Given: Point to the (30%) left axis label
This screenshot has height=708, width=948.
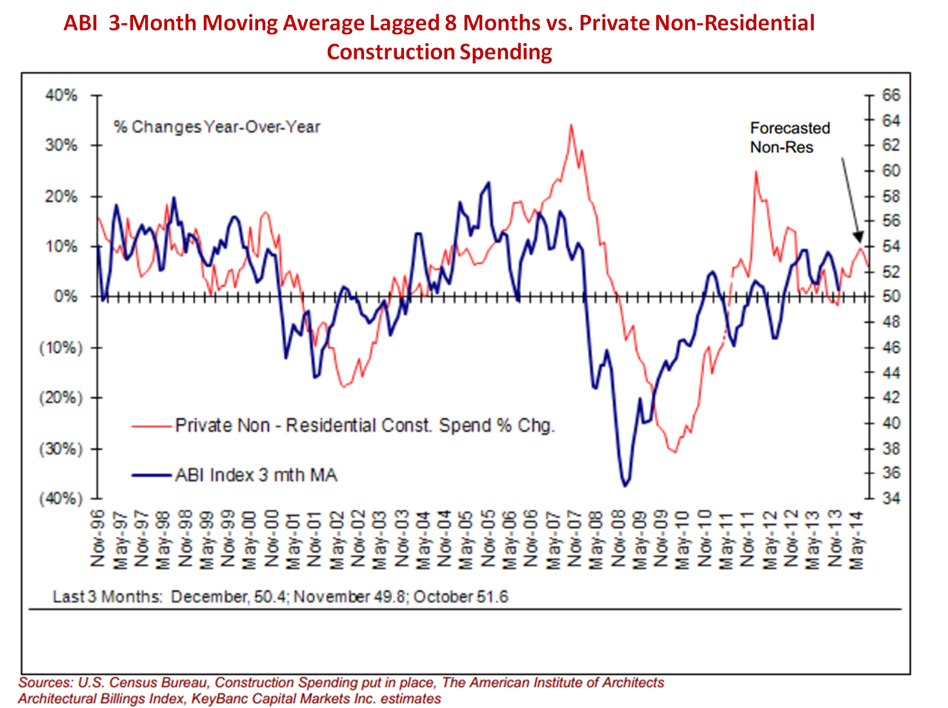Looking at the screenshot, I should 61,449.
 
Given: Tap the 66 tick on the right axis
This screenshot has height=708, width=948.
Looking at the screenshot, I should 869,95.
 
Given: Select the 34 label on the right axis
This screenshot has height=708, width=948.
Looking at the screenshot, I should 891,498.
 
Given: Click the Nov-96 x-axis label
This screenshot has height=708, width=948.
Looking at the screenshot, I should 97,538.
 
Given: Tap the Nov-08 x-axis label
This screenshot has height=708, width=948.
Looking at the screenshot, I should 618,538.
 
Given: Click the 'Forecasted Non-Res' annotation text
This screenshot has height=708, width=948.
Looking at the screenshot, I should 789,137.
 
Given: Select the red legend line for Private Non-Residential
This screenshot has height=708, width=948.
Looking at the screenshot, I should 152,426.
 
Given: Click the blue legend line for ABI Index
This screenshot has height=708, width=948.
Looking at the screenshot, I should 152,476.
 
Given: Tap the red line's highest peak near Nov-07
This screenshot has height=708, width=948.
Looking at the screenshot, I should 571,125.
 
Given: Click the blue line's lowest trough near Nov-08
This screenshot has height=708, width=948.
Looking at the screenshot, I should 625,486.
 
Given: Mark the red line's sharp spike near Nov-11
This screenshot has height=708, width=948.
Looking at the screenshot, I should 755,172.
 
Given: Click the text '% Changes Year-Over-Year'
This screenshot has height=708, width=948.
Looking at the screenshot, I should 217,127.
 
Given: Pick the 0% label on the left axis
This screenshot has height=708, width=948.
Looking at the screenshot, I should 65,297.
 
